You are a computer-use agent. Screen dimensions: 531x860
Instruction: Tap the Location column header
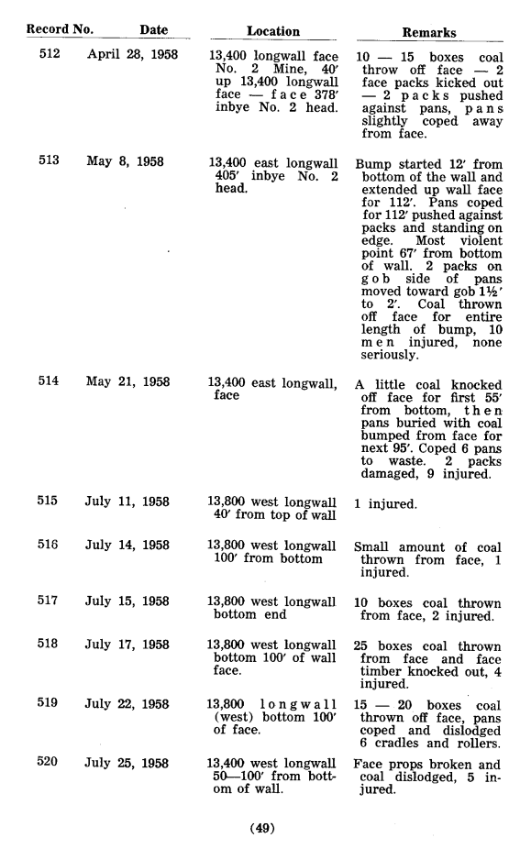(x=273, y=31)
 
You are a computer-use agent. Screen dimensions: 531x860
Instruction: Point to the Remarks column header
(x=429, y=32)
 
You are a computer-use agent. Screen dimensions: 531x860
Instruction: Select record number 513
(x=50, y=161)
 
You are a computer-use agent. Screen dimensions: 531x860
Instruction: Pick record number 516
(x=50, y=545)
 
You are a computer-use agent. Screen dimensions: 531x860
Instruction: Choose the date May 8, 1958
(x=126, y=161)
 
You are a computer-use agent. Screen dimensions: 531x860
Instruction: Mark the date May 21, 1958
(x=128, y=381)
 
